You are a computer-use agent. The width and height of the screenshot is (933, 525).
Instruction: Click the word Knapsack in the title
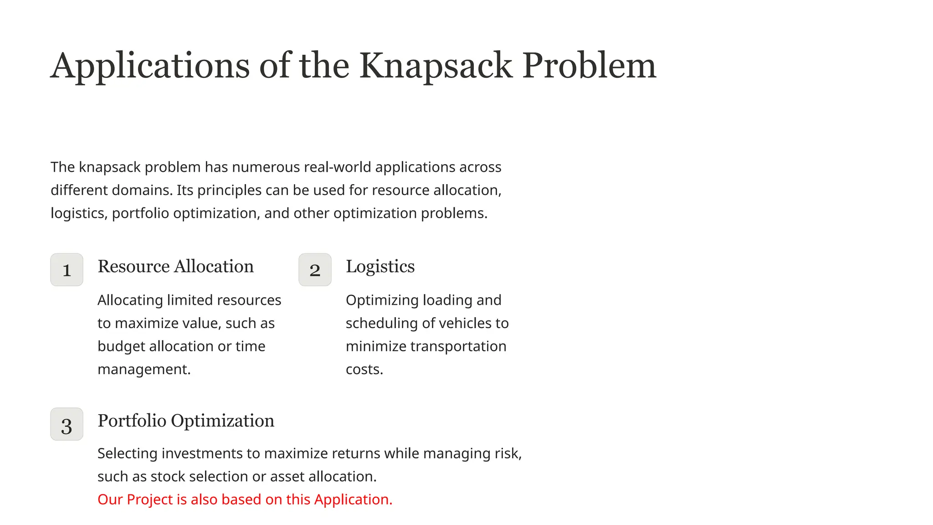pyautogui.click(x=436, y=67)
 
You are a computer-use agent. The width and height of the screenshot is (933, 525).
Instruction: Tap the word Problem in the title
pyautogui.click(x=589, y=67)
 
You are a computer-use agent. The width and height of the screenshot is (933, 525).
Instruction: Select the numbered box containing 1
pyautogui.click(x=67, y=270)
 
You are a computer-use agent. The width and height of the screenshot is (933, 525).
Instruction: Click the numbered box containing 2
pyautogui.click(x=315, y=270)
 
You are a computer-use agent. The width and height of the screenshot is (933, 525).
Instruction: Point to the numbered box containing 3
pyautogui.click(x=67, y=424)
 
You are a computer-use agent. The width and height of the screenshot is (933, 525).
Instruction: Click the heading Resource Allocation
pyautogui.click(x=175, y=267)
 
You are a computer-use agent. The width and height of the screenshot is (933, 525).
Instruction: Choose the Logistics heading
pyautogui.click(x=380, y=267)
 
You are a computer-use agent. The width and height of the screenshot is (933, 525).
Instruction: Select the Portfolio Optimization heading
pyautogui.click(x=186, y=421)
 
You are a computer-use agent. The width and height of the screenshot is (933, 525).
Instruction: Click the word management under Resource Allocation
pyautogui.click(x=144, y=370)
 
